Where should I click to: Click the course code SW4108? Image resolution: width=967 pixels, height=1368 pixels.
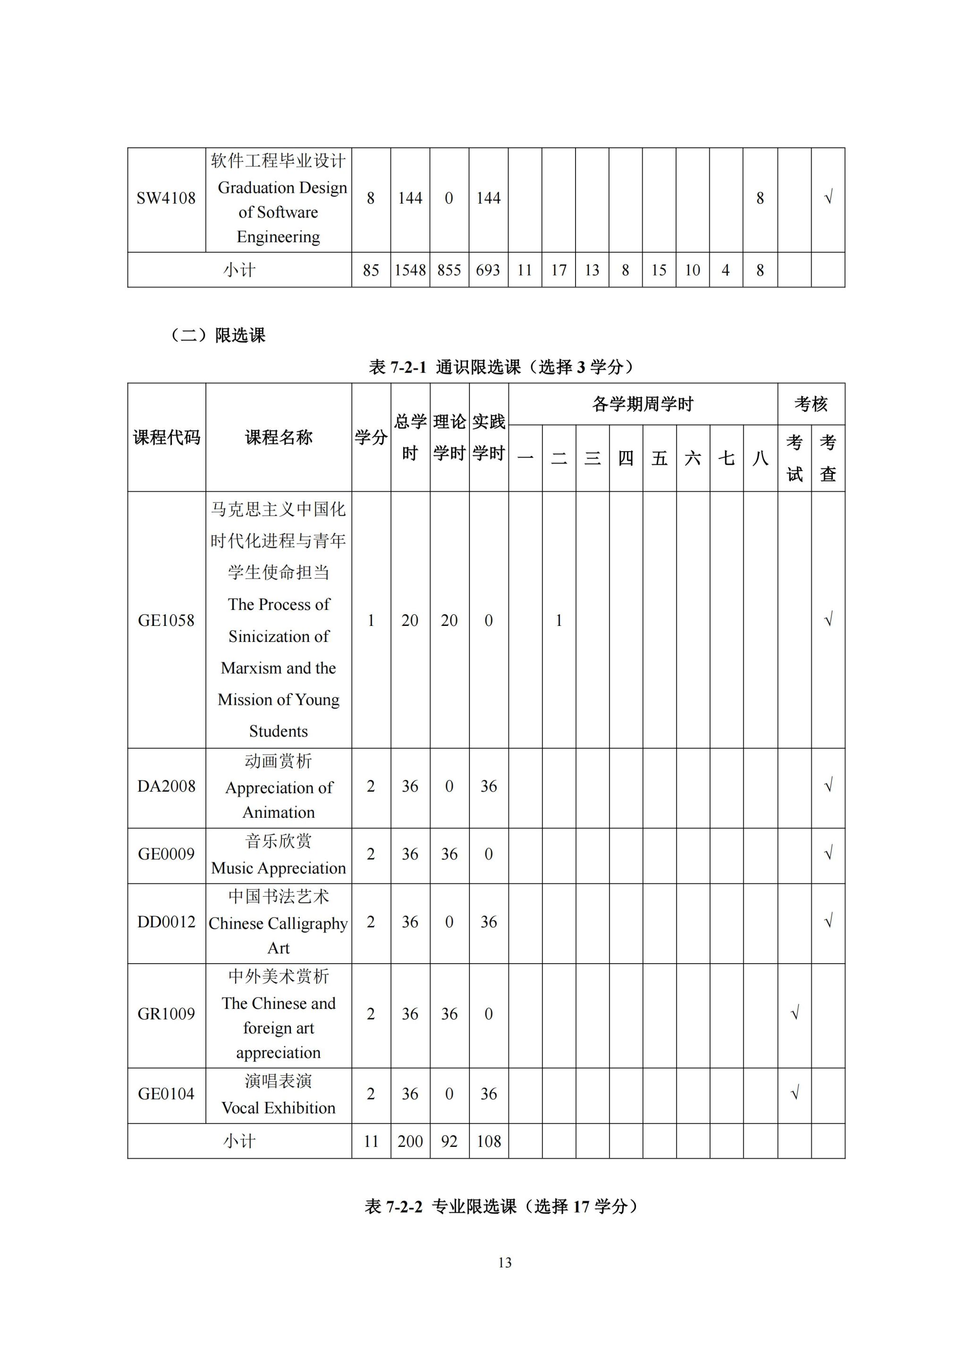tap(166, 198)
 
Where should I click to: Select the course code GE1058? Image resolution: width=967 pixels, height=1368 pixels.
tap(166, 620)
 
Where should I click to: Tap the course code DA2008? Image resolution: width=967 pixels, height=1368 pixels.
tap(166, 787)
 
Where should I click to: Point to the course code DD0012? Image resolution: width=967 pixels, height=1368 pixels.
tap(166, 923)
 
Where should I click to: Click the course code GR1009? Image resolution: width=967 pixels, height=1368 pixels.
tap(166, 1014)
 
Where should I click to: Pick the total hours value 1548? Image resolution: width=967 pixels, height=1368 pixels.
tap(410, 271)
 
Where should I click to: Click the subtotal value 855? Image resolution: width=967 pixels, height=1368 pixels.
tap(449, 271)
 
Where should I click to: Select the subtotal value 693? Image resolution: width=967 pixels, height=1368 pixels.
tap(488, 271)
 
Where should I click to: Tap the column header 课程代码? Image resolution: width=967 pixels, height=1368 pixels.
tap(166, 438)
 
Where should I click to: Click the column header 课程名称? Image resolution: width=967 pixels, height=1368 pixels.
tap(279, 438)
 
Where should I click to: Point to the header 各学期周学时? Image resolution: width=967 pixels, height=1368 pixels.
tap(643, 404)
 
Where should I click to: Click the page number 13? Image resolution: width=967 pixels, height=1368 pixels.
tap(504, 1263)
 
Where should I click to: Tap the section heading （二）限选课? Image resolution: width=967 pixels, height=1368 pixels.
tap(218, 335)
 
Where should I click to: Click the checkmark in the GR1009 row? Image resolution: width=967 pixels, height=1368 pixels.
tap(794, 1014)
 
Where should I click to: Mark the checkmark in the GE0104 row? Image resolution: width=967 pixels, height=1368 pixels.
tap(794, 1094)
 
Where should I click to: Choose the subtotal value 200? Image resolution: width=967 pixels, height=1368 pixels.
tap(410, 1142)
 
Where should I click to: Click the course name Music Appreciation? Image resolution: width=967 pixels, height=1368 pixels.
tap(279, 869)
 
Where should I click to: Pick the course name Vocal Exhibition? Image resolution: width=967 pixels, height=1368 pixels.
tap(279, 1108)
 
